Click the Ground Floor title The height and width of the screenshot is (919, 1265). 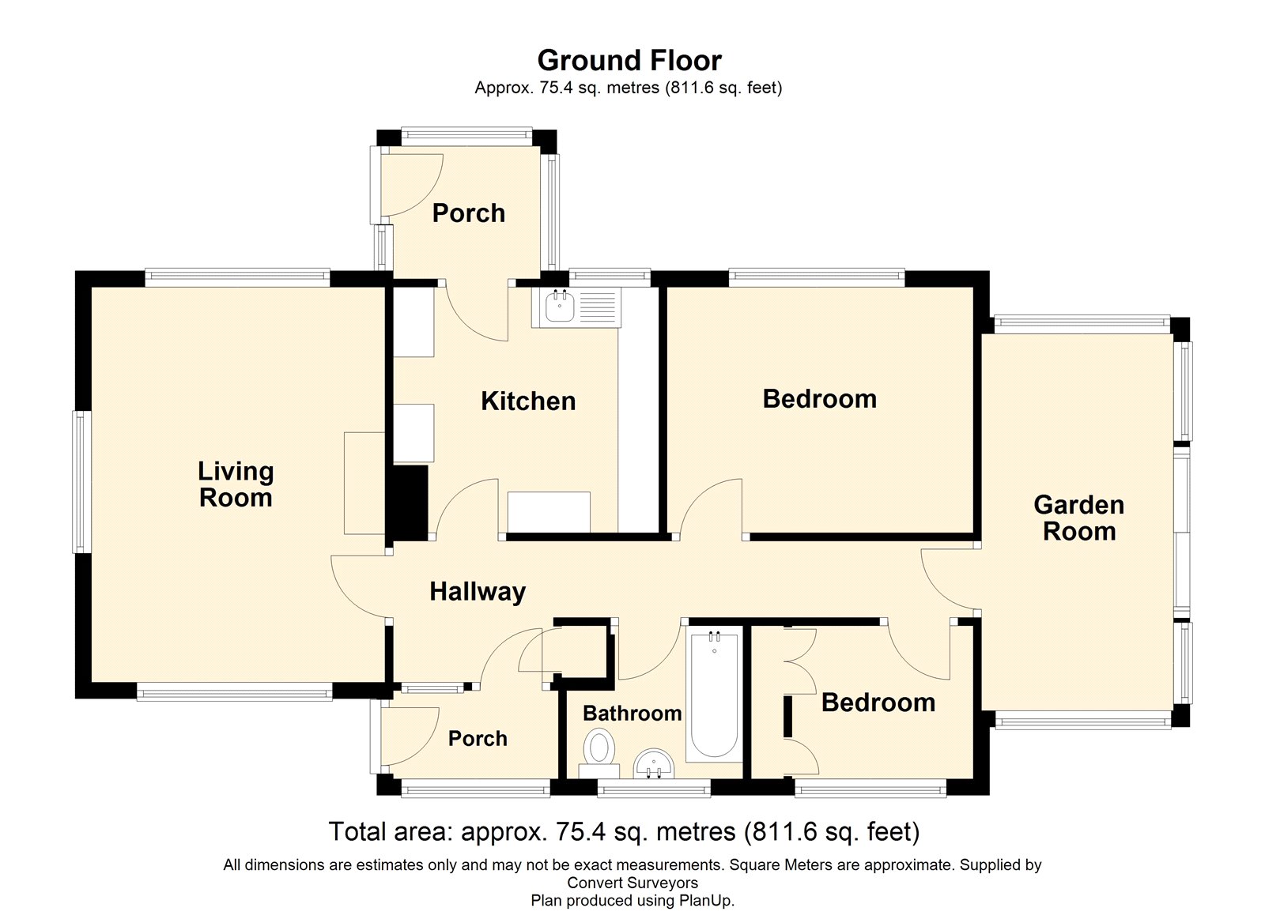[x=629, y=61]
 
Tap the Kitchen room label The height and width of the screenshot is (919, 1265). [x=528, y=401]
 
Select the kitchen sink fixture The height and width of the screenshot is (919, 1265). [x=576, y=307]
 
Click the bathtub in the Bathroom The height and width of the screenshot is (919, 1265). [x=714, y=696]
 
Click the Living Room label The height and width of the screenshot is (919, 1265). [x=236, y=484]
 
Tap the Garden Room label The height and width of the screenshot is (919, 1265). [x=1078, y=518]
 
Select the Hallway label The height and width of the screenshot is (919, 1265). [x=478, y=591]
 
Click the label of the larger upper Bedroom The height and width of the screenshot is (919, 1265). [x=819, y=399]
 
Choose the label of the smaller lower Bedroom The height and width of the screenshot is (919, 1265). [x=878, y=702]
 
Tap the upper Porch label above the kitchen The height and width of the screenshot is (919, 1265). [x=468, y=213]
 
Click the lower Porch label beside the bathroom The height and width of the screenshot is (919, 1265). [x=478, y=739]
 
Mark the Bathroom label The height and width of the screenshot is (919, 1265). [x=632, y=714]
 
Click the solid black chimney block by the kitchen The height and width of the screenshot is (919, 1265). [x=410, y=501]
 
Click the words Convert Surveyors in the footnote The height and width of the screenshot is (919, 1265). [x=632, y=883]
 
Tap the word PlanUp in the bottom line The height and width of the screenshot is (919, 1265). [x=705, y=900]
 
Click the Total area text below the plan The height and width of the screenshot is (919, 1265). [x=624, y=832]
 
